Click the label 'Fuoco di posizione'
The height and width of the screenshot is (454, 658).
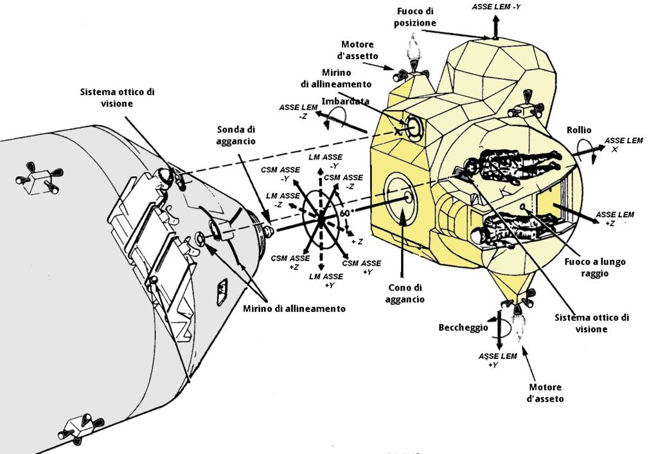414,17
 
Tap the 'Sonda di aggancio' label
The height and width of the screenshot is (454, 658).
236,135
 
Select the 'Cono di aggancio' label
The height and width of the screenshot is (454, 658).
405,294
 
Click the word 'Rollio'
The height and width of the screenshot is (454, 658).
579,130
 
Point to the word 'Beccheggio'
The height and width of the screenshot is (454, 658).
463,327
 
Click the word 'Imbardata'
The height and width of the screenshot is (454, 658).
345,101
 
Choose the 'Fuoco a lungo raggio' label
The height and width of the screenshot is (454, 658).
594,268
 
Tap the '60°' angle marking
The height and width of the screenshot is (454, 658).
345,213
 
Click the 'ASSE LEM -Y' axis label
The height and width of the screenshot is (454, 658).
495,6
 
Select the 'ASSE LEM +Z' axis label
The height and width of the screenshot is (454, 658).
614,219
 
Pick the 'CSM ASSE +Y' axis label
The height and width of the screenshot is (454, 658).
361,267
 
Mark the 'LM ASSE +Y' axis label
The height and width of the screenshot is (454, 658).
326,280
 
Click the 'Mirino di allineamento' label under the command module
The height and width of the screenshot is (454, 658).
294,309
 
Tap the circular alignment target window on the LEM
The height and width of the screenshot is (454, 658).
414,126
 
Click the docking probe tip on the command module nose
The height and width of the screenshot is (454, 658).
269,230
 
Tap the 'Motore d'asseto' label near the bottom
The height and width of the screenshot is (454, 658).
545,393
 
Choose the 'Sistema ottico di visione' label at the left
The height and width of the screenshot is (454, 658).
117,98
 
